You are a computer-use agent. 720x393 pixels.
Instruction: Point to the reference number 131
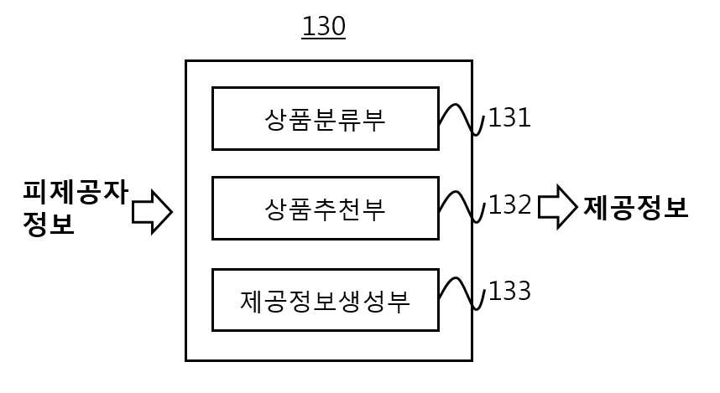509,118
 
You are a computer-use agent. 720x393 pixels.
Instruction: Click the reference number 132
509,204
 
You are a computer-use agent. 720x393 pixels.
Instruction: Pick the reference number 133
509,291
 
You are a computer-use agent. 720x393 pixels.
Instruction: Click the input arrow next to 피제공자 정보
152,212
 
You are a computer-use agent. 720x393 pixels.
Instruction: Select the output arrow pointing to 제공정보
557,207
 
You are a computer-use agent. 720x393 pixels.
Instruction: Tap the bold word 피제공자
76,192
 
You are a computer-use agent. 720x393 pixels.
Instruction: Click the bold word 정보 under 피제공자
49,225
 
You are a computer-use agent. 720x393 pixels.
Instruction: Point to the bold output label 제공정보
636,207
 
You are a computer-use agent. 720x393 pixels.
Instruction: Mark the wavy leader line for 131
461,120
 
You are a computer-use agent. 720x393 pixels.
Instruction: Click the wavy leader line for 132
461,207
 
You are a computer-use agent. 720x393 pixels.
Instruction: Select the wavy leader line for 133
461,293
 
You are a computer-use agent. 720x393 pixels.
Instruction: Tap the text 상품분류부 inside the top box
325,120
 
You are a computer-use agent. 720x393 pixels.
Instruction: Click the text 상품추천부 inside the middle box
325,209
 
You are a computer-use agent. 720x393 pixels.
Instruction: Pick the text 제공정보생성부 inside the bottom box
325,301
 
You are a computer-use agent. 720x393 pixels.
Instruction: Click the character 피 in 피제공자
35,192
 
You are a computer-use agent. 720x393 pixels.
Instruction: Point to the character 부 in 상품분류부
373,120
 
